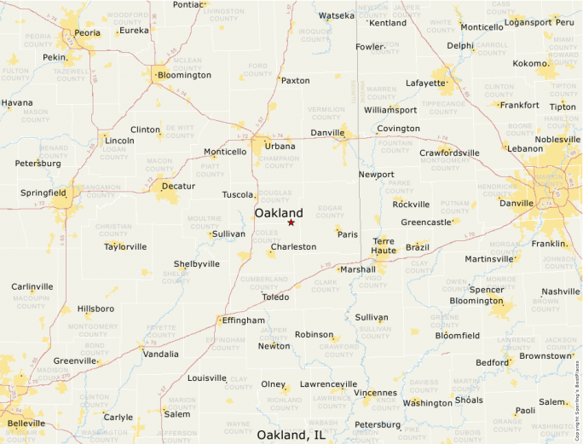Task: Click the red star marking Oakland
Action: pos(291,222)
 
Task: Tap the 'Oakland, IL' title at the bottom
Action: pos(291,435)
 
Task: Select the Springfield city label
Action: pos(43,193)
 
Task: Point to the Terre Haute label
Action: pos(384,246)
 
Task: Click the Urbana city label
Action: pos(280,146)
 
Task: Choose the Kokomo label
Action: pos(530,64)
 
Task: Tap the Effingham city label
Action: pos(243,320)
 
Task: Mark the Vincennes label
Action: pos(375,393)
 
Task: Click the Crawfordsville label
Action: pos(449,153)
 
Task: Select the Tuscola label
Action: pos(239,194)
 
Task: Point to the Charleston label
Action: pos(293,246)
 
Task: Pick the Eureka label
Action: pos(134,30)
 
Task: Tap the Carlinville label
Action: pos(32,286)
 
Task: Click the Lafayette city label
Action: pos(424,84)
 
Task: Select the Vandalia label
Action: pos(161,354)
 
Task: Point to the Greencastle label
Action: pos(426,222)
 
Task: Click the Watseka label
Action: pos(336,15)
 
